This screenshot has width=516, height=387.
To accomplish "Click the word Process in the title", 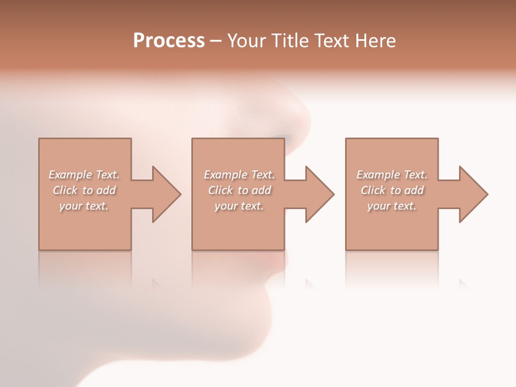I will point(169,41).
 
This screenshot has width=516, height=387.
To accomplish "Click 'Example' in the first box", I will point(70,175).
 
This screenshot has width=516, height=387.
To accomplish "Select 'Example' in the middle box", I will point(225,175).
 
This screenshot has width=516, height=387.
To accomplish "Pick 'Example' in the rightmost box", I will point(378,175).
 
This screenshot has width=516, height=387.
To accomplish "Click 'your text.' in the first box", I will point(83,206).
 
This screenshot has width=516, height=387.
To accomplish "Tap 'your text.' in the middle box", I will point(239,206).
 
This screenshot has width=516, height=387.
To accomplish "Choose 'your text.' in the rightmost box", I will point(391,206).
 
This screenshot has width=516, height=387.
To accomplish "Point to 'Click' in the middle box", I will point(220,190).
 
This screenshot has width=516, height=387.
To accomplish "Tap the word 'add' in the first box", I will point(106,190).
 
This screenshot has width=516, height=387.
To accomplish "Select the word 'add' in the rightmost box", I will point(414,190).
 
